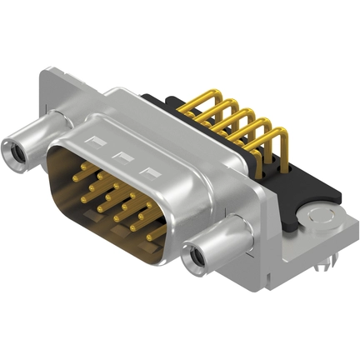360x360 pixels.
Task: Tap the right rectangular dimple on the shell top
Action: click(151, 172)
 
